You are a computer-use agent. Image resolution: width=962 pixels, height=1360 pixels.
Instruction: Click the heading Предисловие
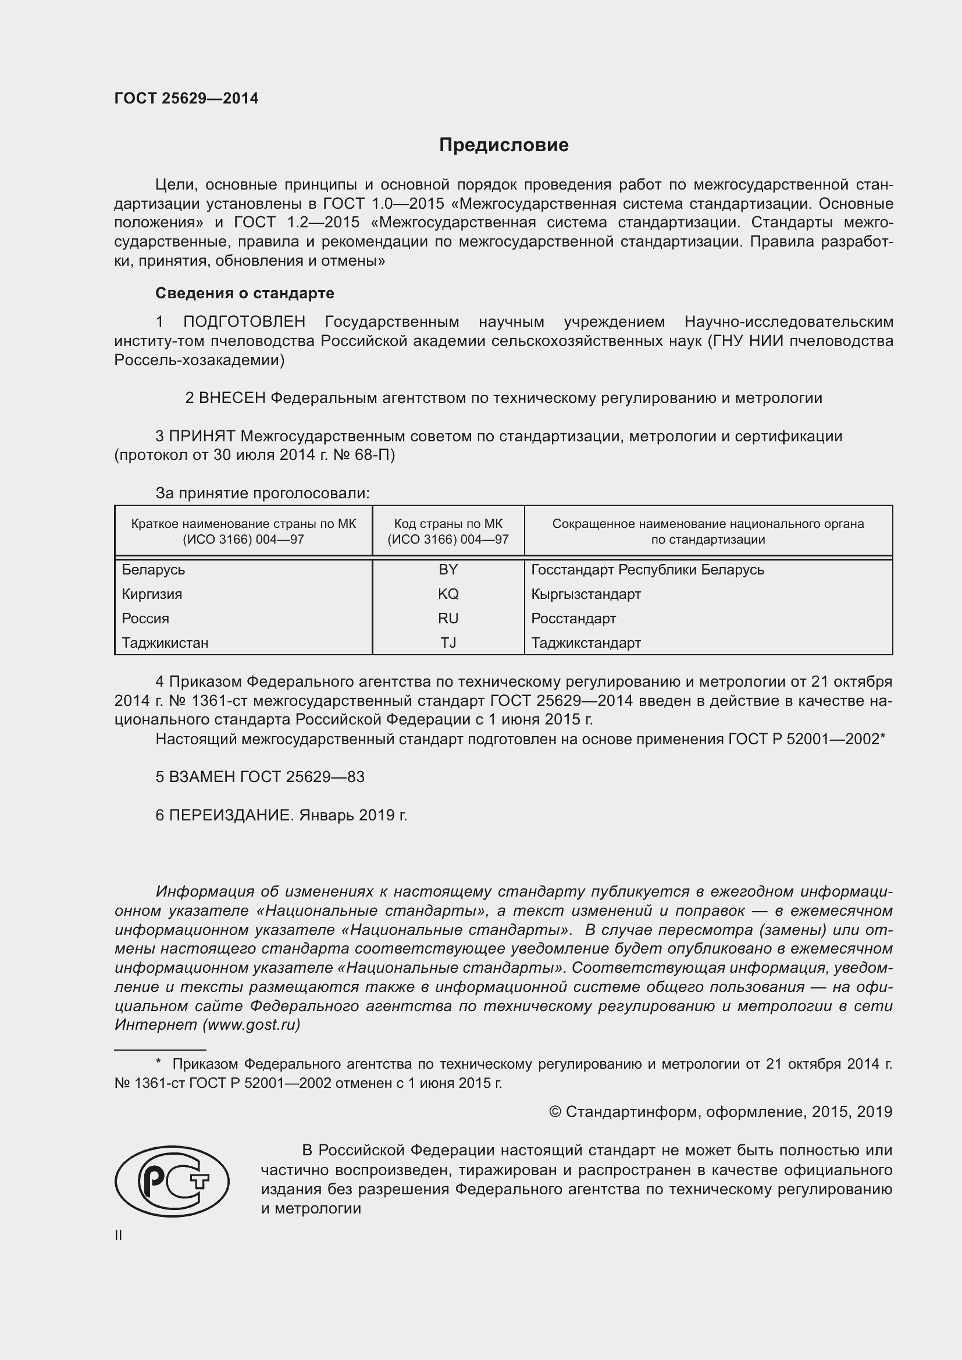click(x=504, y=145)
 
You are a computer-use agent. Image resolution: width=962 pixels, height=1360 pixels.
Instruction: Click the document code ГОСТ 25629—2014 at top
click(x=186, y=98)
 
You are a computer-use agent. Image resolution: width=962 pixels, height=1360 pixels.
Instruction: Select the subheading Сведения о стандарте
click(x=245, y=293)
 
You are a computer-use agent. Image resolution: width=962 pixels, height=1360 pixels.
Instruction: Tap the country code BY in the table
click(x=448, y=570)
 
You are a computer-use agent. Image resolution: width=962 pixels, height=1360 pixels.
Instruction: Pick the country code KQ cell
click(x=448, y=594)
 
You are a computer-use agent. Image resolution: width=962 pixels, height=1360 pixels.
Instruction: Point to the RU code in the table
click(x=448, y=619)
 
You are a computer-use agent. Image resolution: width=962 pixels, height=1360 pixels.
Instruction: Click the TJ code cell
click(x=448, y=642)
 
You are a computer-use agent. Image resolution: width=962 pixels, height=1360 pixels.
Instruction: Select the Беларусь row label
click(x=154, y=570)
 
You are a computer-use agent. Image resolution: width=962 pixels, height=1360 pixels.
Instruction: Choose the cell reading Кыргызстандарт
click(x=586, y=594)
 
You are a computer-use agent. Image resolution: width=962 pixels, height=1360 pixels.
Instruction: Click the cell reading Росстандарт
click(x=573, y=619)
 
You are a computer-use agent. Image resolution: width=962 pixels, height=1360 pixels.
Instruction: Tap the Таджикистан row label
click(x=165, y=642)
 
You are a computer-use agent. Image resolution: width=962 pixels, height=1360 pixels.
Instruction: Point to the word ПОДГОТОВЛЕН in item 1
click(x=244, y=322)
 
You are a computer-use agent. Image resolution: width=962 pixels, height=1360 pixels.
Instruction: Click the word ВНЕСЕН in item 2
click(x=231, y=398)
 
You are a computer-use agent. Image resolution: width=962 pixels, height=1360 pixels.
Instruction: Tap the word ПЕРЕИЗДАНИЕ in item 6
click(x=231, y=816)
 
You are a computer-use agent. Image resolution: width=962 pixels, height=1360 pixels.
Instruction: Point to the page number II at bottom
click(x=119, y=1236)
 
